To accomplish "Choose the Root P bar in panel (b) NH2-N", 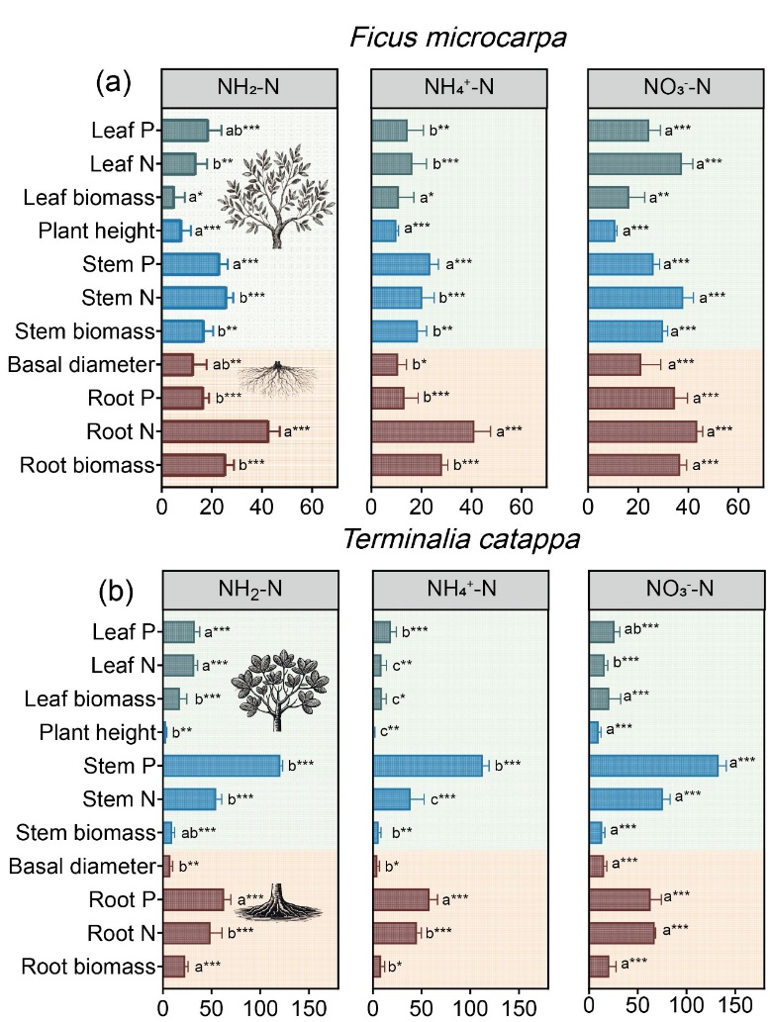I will click(194, 899).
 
